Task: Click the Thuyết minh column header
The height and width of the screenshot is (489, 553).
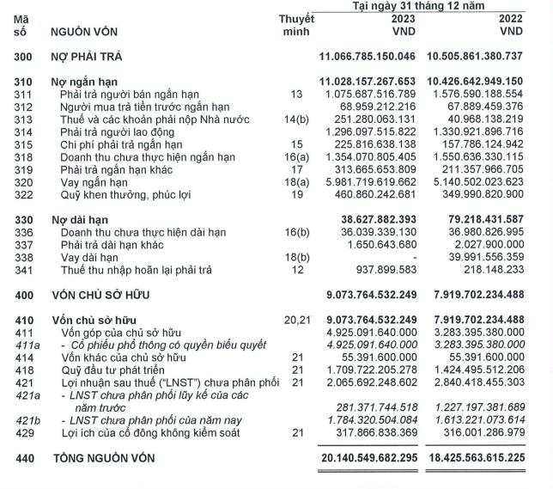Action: point(296,25)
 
